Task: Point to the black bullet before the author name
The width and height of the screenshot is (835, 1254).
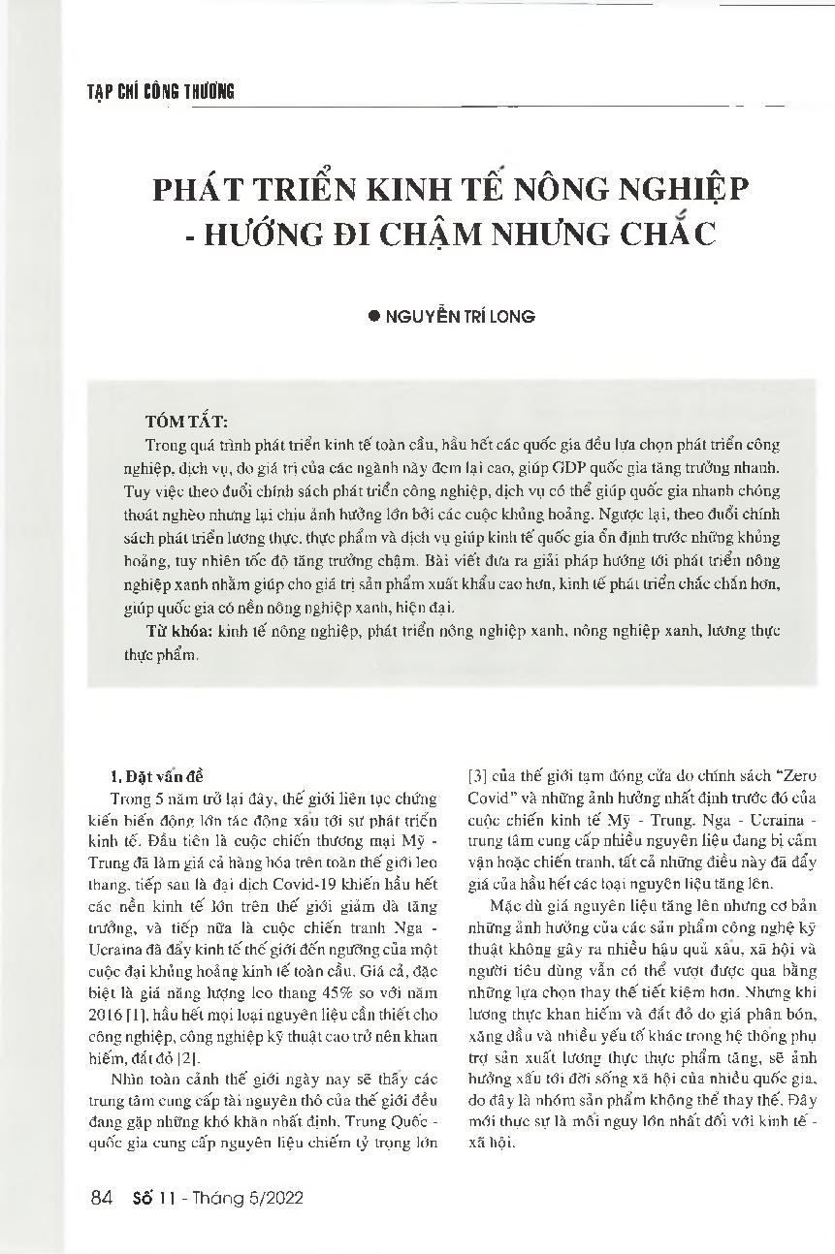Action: click(x=375, y=316)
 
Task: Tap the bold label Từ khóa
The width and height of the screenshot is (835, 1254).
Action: click(x=169, y=631)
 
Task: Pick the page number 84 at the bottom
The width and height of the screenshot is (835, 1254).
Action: click(x=101, y=1198)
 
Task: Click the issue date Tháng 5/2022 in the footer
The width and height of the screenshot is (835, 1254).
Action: click(x=252, y=1198)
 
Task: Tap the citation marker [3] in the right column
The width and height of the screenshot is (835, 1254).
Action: click(x=477, y=776)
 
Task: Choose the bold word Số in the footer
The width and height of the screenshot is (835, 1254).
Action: click(x=142, y=1198)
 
